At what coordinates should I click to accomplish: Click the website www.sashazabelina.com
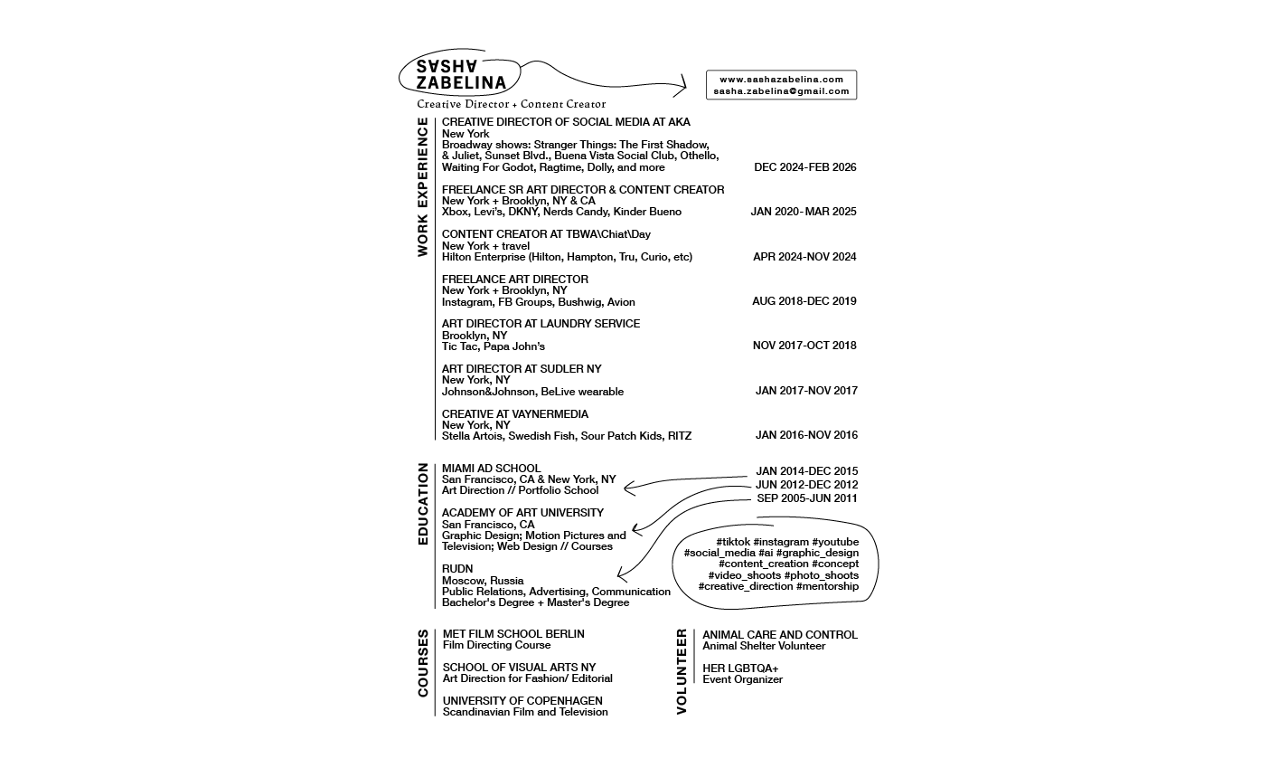[x=781, y=80]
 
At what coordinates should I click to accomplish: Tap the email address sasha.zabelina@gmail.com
[x=781, y=91]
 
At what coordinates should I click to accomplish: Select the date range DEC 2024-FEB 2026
[x=805, y=167]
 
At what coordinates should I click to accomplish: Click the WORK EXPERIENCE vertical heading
[x=423, y=187]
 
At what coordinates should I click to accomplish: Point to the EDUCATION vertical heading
[x=423, y=504]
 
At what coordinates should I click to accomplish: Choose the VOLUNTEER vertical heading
[x=682, y=672]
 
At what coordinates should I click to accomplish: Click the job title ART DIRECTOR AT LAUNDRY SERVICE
[x=541, y=324]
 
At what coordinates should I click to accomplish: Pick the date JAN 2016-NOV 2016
[x=806, y=435]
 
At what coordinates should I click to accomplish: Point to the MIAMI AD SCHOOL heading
[x=491, y=469]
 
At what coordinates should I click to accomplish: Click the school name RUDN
[x=457, y=569]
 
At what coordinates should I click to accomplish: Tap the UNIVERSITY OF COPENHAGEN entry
[x=522, y=701]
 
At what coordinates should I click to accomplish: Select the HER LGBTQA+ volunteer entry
[x=740, y=668]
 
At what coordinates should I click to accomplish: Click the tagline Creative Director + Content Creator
[x=511, y=104]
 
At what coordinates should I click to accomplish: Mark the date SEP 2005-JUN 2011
[x=807, y=498]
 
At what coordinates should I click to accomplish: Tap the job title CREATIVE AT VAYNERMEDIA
[x=515, y=414]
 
